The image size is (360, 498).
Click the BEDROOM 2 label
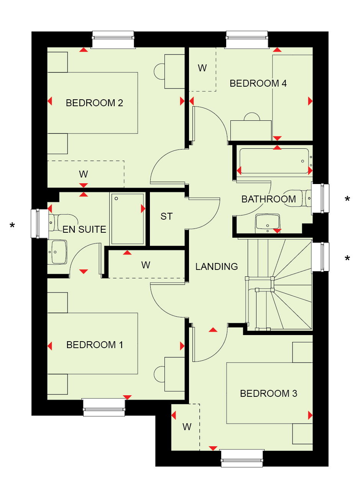94,103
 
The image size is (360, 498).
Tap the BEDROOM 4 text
258,83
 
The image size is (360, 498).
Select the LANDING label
216,266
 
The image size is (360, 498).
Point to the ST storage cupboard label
166,216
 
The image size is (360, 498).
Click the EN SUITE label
84,229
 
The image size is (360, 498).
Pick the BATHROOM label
269,199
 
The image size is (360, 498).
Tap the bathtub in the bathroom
274,161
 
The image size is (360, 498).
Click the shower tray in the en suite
127,219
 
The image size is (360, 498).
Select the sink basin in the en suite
58,252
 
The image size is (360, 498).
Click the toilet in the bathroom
298,198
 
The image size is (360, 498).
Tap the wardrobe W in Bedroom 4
202,68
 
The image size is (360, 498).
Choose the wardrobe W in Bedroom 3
187,427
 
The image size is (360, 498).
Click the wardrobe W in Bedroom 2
83,174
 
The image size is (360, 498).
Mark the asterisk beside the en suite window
12,225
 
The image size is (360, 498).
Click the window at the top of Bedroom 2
113,39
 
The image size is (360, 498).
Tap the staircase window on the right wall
320,257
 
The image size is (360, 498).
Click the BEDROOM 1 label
94,345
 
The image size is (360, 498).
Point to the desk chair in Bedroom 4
252,117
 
